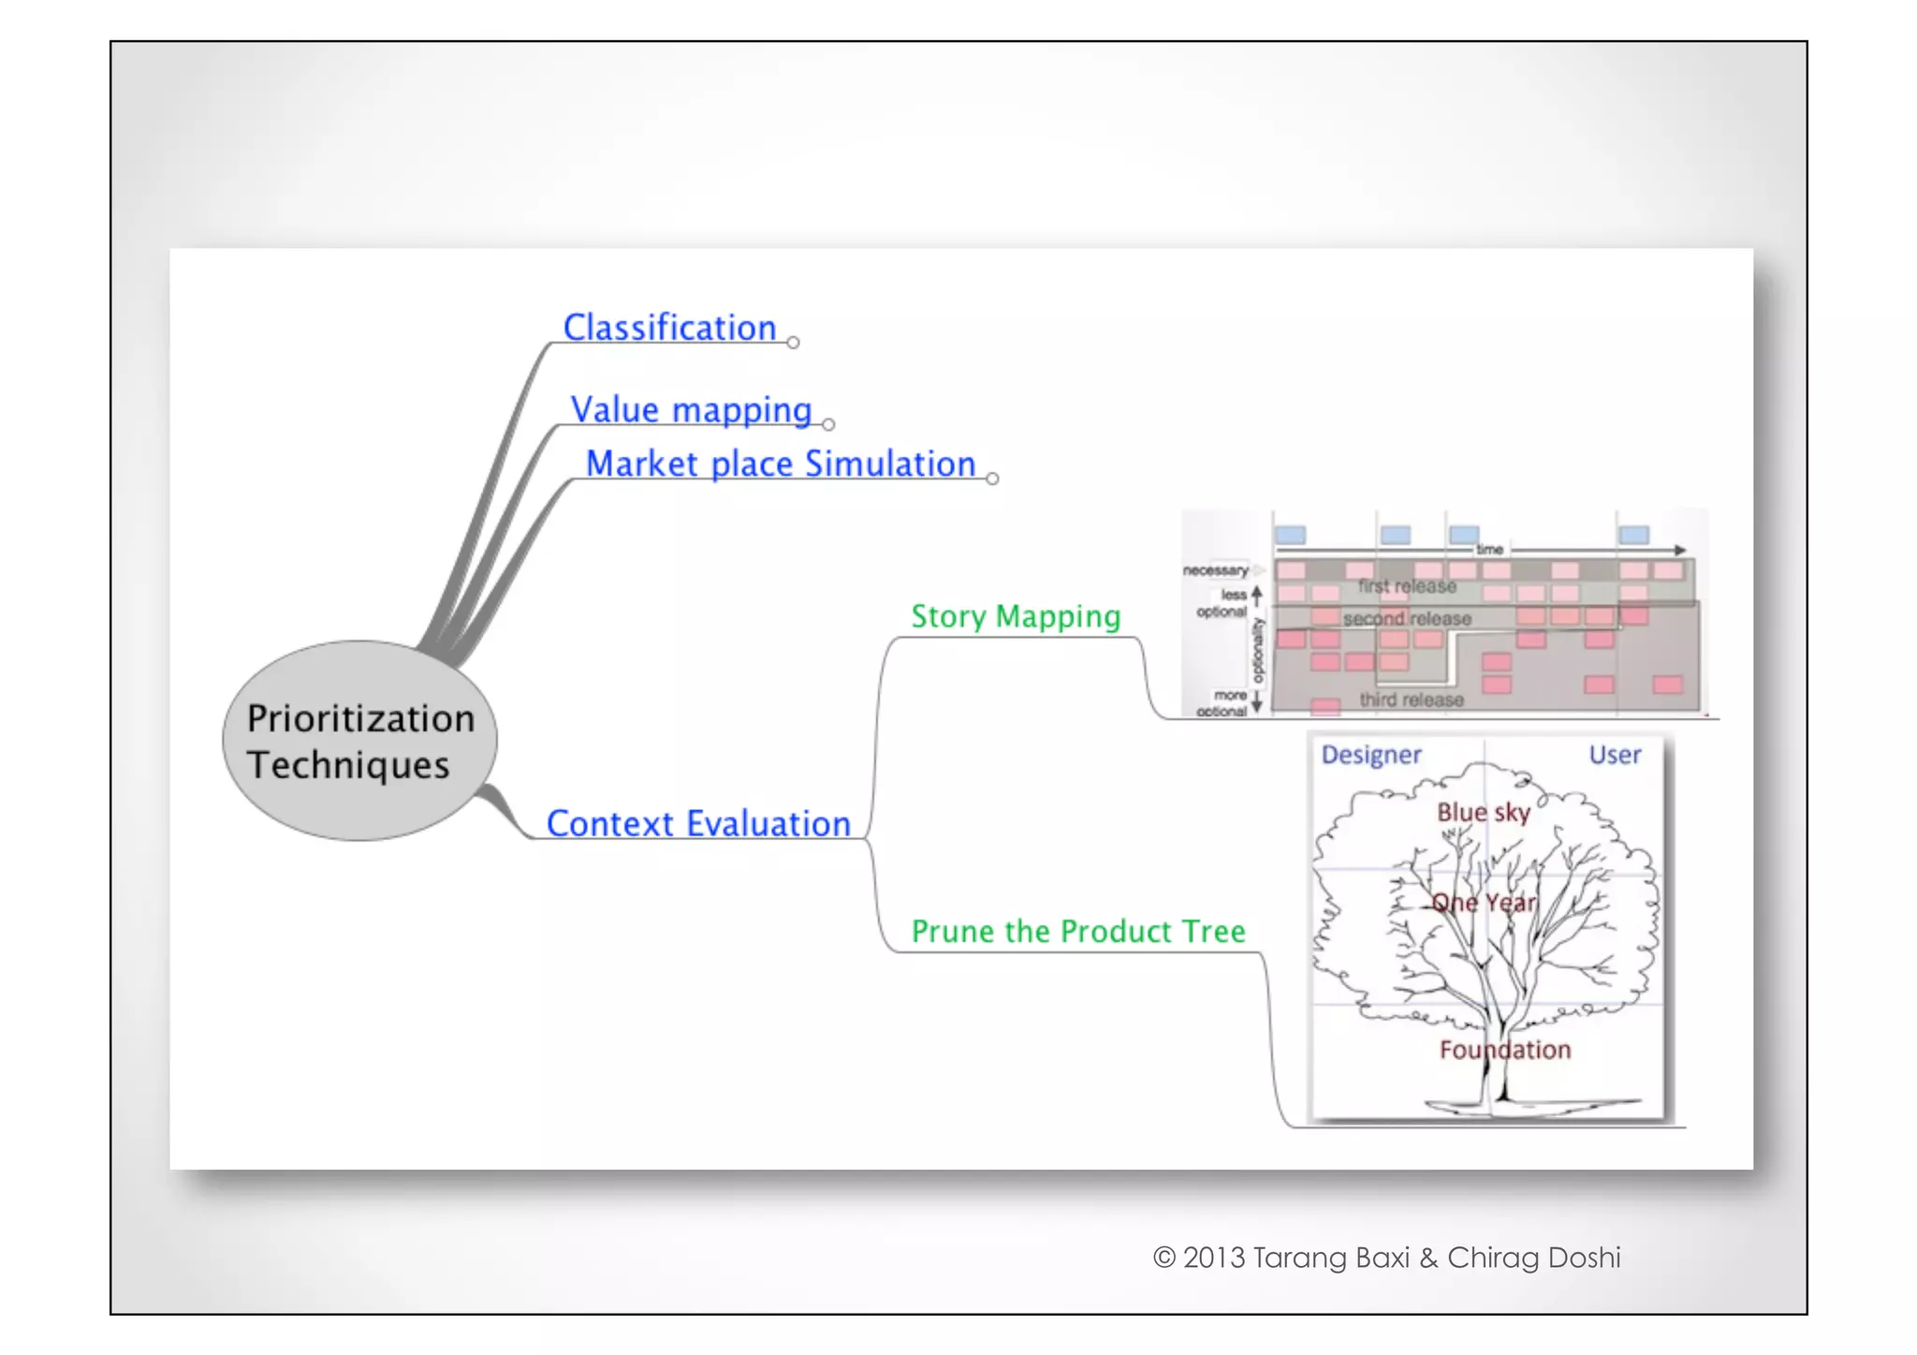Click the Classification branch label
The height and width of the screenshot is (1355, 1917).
669,328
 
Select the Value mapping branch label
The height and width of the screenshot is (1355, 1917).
691,410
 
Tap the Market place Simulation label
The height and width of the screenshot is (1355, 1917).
781,464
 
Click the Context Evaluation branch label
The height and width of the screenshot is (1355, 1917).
698,824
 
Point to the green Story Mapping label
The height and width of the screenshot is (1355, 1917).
1016,617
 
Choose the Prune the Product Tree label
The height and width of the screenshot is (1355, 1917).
1078,932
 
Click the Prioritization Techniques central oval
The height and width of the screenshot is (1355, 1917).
360,741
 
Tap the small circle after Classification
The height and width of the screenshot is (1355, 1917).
794,343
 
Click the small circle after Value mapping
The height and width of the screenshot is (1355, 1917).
828,425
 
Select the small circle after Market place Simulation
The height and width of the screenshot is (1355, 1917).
992,479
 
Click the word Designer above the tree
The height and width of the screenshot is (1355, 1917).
1371,755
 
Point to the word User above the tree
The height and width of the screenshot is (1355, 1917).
1615,755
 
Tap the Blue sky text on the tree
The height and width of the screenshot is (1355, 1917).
1484,812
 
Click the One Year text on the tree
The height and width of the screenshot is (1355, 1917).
1485,903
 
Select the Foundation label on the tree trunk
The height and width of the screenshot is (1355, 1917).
1505,1050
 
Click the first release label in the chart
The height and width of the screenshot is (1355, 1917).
1407,587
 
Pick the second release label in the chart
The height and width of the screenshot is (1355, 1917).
1407,619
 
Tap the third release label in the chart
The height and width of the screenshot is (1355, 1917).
1412,700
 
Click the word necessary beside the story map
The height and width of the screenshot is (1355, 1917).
1215,570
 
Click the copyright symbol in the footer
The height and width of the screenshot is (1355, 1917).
1163,1258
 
